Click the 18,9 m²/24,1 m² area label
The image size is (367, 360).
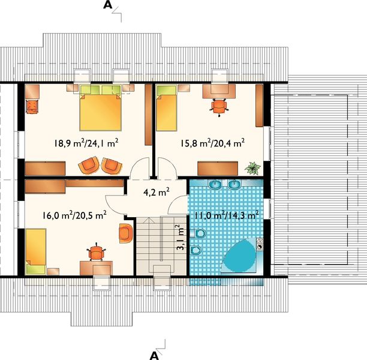click(86, 143)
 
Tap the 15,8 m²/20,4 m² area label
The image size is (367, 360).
click(213, 143)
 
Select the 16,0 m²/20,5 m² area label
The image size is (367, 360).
click(75, 215)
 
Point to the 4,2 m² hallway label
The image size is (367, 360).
click(157, 193)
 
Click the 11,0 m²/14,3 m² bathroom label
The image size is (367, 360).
click(227, 215)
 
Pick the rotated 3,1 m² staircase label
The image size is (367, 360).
click(181, 238)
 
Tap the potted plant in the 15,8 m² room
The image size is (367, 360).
click(252, 168)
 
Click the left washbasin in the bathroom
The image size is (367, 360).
click(215, 185)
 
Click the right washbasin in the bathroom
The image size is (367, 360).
click(234, 185)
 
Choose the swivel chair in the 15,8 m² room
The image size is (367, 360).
click(219, 107)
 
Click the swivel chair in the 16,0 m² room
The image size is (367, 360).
click(96, 252)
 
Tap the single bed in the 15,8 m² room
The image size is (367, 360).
click(167, 108)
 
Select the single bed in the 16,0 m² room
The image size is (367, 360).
click(35, 251)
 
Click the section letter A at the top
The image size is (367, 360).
click(108, 5)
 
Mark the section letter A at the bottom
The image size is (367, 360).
click(154, 356)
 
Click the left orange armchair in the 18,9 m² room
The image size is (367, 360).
click(89, 165)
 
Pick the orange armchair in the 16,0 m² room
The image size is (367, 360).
click(126, 233)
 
